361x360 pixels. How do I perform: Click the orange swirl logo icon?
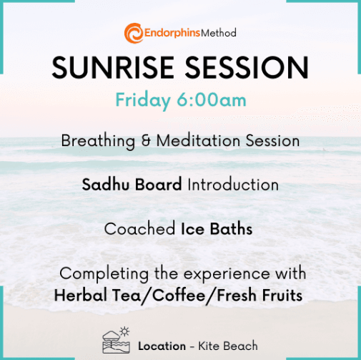pyautogui.click(x=134, y=33)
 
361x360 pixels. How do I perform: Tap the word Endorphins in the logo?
pyautogui.click(x=172, y=33)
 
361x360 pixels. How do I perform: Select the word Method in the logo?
pyautogui.click(x=219, y=33)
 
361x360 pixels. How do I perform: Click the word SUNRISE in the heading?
pyautogui.click(x=113, y=67)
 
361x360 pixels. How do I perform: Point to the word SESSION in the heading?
pyautogui.click(x=247, y=67)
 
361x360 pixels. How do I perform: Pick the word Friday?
pyautogui.click(x=143, y=100)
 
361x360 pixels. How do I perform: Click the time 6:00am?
pyautogui.click(x=212, y=99)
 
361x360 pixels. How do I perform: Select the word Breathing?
pyautogui.click(x=98, y=141)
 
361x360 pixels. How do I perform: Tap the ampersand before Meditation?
pyautogui.click(x=146, y=141)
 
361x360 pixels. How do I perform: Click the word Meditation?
pyautogui.click(x=198, y=140)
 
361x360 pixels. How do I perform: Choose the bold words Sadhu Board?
pyautogui.click(x=132, y=185)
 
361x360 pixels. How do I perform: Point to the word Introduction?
pyautogui.click(x=233, y=185)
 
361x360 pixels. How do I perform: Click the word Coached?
pyautogui.click(x=140, y=229)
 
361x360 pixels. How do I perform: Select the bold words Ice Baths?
pyautogui.click(x=217, y=229)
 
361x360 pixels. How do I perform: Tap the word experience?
pyautogui.click(x=227, y=274)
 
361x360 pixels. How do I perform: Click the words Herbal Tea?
pyautogui.click(x=98, y=295)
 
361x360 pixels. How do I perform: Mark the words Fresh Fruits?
pyautogui.click(x=259, y=295)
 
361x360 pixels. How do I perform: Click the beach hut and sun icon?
pyautogui.click(x=117, y=341)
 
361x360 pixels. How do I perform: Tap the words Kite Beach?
pyautogui.click(x=228, y=346)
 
